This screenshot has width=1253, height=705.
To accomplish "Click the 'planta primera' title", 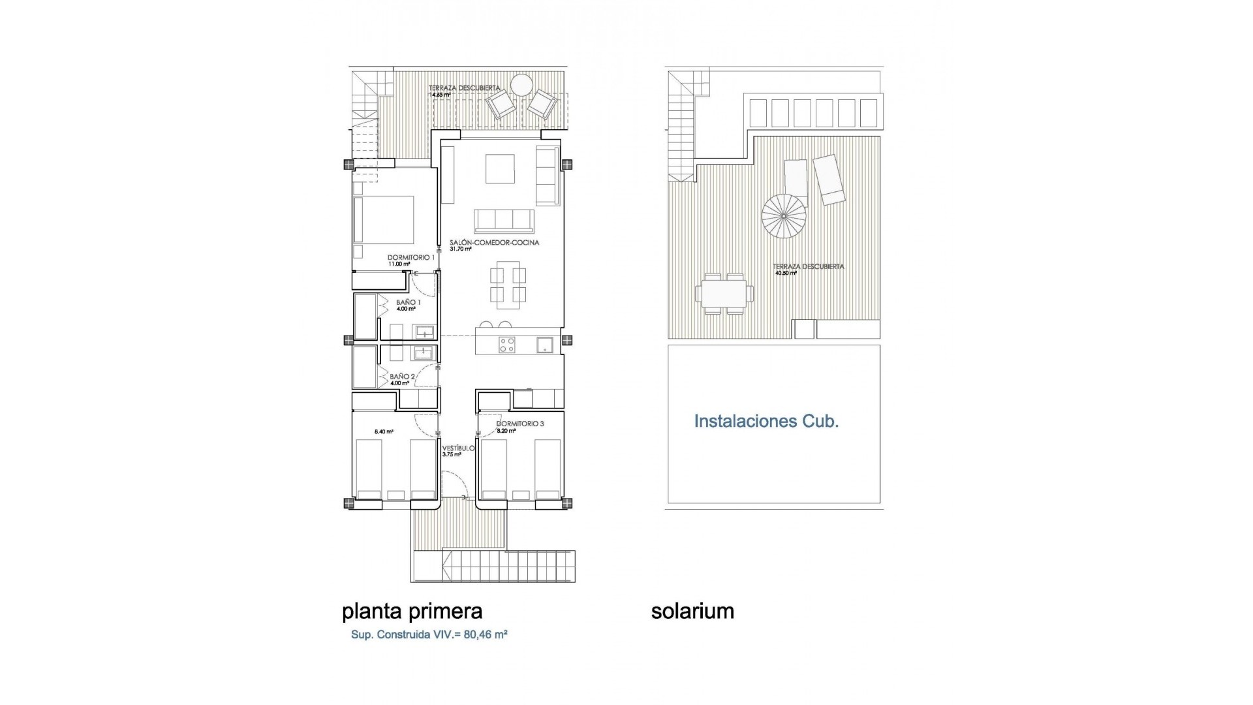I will pos(412,612).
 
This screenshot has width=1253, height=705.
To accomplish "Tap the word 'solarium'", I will pos(692,612).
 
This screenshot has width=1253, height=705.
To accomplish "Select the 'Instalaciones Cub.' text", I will pos(766,421).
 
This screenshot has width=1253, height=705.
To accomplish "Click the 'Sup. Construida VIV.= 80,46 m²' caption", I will pos(429,634).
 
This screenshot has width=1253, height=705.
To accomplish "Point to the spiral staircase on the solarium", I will pos(784,217).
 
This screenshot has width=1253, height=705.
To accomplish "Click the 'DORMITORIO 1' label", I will pos(411,258).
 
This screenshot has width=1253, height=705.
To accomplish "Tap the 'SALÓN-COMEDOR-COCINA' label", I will pos(495,242).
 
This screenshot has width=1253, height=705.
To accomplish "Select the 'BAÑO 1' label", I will pos(409,303).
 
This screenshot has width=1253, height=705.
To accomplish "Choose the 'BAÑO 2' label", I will pos(403,377).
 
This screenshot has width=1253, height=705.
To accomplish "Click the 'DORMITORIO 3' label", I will pos(520,424).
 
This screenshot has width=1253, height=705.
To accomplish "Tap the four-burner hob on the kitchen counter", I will pos(507,344).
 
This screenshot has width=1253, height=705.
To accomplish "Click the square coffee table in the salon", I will pos(500,169).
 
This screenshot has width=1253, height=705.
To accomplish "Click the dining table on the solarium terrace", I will pos(724,294).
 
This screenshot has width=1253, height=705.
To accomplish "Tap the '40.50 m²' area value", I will pos(786,274).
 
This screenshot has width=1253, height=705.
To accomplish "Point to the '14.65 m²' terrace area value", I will pos(440,95).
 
